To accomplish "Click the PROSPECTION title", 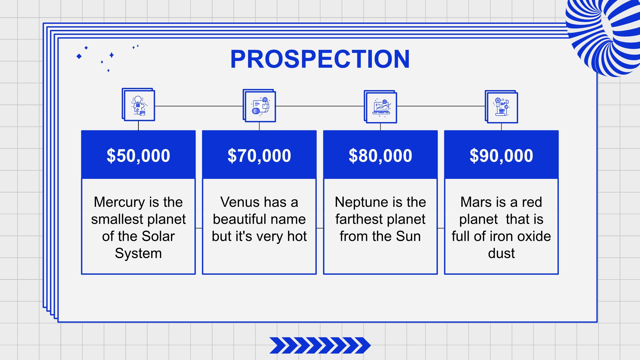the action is [x=320, y=59].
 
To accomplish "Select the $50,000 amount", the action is [x=138, y=156].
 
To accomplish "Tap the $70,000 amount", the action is [x=259, y=156].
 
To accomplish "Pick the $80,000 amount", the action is [x=380, y=156].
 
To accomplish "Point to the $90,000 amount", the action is [x=501, y=156].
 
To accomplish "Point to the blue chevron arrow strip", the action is [x=320, y=345].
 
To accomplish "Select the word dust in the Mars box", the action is [x=501, y=253].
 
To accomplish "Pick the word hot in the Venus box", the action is [x=297, y=236].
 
